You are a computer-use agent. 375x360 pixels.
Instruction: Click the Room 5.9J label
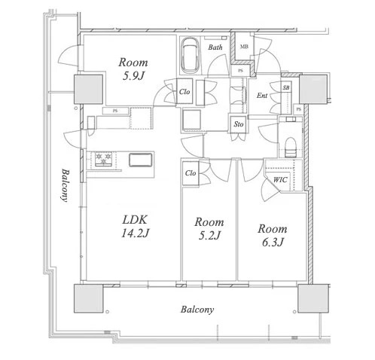coord(133,69)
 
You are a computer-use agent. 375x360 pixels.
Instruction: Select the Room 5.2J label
coord(209,229)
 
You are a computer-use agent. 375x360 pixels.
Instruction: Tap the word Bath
coord(215,48)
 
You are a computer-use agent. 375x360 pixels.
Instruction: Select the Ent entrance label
coord(263,96)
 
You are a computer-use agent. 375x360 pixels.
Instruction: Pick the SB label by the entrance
coord(286,88)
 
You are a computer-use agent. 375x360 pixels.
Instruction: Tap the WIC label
coord(279,179)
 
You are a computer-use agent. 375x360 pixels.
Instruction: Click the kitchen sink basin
coord(141,160)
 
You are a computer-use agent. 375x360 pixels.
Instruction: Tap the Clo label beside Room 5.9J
coord(184,93)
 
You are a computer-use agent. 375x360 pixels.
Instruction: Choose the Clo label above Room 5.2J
coord(191,172)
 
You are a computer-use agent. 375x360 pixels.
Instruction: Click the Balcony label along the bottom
coord(197,310)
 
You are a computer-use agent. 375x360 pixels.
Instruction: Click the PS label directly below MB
coord(240,72)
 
